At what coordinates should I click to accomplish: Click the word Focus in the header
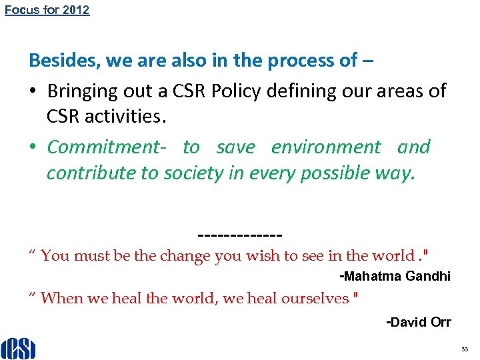click(19, 10)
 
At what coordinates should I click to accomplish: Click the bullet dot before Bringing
click(33, 91)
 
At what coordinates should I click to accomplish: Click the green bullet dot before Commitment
click(33, 147)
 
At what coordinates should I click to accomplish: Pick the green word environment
click(325, 147)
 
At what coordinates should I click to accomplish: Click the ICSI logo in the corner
click(18, 347)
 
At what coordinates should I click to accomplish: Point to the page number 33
click(464, 349)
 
